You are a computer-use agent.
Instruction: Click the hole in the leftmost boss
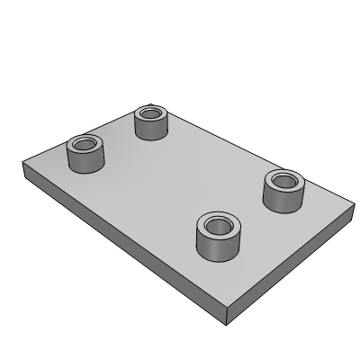pos(85,144)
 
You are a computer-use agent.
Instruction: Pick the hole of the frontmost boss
pos(217,225)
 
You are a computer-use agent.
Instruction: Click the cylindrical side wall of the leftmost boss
pos(85,162)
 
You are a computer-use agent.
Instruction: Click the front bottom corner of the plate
pos(228,321)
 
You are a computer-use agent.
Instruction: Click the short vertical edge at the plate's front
pos(228,313)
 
